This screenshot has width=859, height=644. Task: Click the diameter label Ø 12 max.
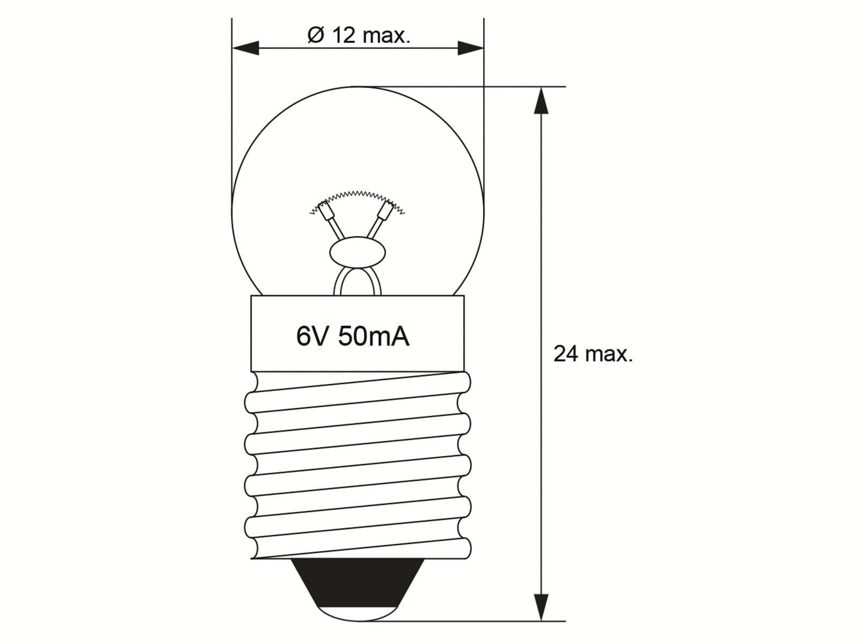pos(359,35)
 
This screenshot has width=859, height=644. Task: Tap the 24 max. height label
pos(593,354)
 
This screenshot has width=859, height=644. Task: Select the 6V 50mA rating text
pos(353,336)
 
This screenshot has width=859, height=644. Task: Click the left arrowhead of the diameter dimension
pos(245,48)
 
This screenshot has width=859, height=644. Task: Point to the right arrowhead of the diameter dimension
pos(470,48)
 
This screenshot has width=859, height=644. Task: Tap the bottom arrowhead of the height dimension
pos(541,606)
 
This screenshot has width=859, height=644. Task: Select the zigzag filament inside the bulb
pos(357,194)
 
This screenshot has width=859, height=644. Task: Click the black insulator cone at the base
pos(357,585)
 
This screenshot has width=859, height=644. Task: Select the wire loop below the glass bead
pos(358,281)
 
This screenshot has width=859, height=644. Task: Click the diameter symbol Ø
pos(316,35)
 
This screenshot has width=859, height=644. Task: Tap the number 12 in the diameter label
pos(344,35)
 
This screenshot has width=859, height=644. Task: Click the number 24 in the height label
pos(566,354)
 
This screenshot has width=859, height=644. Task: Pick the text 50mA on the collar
pos(374,336)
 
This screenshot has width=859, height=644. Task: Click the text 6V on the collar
pos(311,336)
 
